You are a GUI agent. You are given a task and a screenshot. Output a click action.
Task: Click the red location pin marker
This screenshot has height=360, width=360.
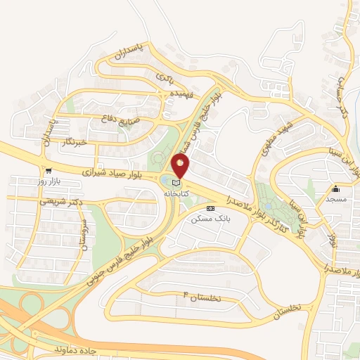180,166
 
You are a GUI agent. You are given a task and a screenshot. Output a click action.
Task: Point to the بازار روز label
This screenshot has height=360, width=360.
50,182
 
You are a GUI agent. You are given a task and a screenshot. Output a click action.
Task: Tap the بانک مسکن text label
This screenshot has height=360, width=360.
210,219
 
